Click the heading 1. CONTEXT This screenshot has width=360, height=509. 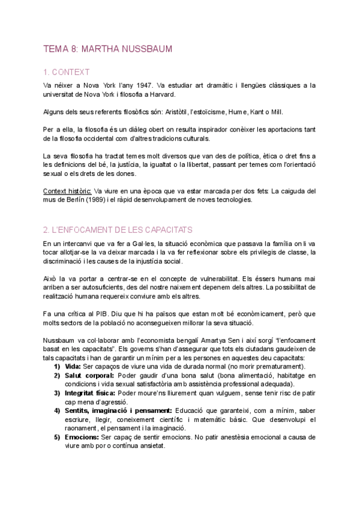click(x=67, y=73)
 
